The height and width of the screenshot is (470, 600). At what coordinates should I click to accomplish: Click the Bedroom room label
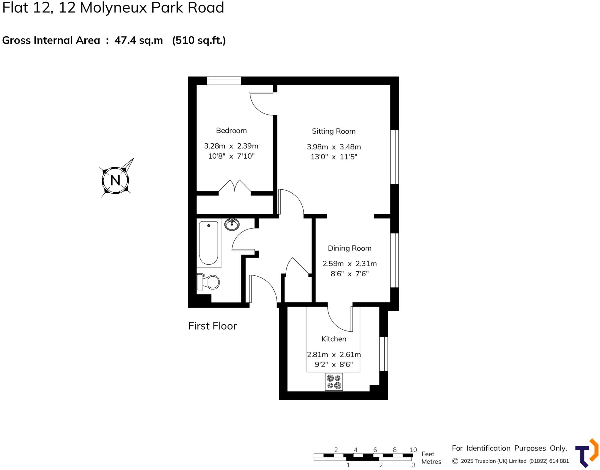point(231,130)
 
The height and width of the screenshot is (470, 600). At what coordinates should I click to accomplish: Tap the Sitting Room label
point(333,131)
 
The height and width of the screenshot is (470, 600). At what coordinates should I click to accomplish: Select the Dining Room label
point(350,248)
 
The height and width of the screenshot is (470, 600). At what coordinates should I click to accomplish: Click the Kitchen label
point(334,339)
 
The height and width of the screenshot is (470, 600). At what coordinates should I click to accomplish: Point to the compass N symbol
point(115,180)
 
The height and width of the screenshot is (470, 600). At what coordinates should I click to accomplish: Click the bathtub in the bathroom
point(209,243)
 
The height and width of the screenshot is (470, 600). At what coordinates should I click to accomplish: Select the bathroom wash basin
point(232,225)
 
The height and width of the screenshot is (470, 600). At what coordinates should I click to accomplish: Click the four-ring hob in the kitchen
point(334,382)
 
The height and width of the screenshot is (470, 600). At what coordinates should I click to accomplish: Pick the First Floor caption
point(212,326)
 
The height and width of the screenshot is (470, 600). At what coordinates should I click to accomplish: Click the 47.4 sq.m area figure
point(139,40)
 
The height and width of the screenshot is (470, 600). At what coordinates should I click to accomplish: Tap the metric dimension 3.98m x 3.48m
point(334,147)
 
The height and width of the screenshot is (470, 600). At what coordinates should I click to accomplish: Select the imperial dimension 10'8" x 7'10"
point(231,156)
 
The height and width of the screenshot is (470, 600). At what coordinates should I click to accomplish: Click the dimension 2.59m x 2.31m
point(350,263)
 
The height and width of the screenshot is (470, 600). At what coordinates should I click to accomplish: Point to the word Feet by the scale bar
point(428,454)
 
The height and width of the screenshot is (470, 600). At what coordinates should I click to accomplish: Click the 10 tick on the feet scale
point(413,450)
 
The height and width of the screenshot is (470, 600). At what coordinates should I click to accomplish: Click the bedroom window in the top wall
point(224,81)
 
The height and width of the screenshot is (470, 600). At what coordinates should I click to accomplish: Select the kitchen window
point(383,354)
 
